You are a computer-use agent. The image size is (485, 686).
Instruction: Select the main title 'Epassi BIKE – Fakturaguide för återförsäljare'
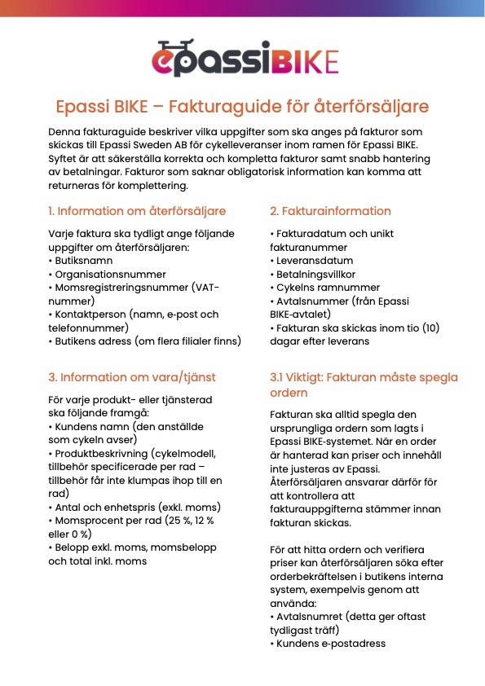point(242,107)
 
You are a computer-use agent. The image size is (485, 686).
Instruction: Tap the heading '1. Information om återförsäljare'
point(137,211)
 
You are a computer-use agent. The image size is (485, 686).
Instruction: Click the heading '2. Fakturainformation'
point(330,211)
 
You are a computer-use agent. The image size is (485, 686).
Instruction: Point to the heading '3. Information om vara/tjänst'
point(131,377)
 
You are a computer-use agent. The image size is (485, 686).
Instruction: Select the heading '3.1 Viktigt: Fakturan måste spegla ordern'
point(364,385)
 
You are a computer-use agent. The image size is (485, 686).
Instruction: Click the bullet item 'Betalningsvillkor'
point(315,275)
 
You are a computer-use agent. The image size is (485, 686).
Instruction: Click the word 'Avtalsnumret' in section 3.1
point(307,617)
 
